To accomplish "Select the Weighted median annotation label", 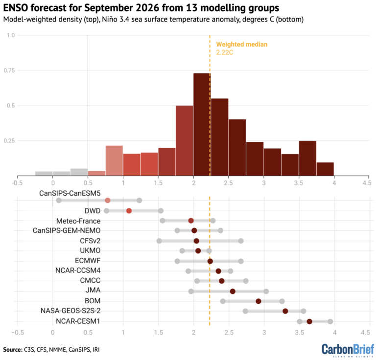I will point(242,44).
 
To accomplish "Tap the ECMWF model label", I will point(88,261).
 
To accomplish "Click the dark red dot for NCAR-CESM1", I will point(309,321).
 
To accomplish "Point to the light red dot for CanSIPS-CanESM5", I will point(108,201).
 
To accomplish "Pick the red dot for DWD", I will point(129,211).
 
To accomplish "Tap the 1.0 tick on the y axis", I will point(10,36).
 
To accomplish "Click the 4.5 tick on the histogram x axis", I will point(366,183).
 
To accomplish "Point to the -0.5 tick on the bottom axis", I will point(17,333).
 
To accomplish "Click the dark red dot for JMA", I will point(233,291).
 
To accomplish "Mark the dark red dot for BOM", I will point(258,301).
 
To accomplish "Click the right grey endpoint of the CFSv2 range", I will point(241,241).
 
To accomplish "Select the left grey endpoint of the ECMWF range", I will point(177,261).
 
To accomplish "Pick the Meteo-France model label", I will point(78,221).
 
